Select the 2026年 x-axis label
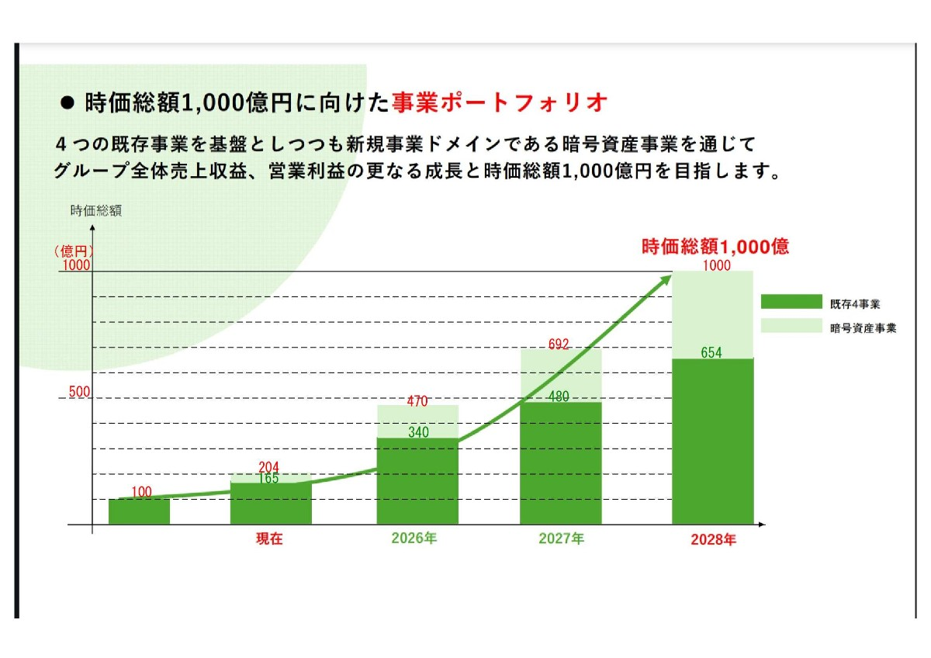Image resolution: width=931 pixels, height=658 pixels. (414, 539)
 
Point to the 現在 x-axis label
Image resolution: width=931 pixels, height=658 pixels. (269, 539)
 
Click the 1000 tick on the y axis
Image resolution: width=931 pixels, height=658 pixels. (77, 265)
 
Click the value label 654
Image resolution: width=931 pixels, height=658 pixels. (711, 353)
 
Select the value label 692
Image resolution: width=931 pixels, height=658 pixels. (559, 343)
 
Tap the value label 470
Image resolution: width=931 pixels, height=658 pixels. (417, 402)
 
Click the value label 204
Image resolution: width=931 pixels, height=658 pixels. (268, 466)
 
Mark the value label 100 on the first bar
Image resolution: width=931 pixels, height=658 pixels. (142, 491)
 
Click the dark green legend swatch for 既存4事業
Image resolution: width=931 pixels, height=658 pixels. (791, 302)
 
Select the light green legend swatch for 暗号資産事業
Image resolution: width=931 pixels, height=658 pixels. (791, 327)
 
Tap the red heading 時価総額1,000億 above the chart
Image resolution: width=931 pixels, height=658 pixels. (715, 248)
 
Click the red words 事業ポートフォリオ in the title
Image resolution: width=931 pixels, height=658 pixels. (499, 102)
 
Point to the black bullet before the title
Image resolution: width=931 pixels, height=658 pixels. (66, 103)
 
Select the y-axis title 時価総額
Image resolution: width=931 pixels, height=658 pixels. (95, 210)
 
